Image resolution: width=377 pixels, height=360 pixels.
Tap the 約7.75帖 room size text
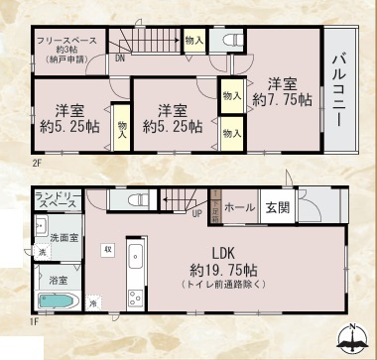pyautogui.click(x=283, y=99)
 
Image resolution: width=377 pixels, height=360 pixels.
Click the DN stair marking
pyautogui.click(x=120, y=60)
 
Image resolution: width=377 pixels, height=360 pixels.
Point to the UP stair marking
pyautogui.click(x=196, y=212)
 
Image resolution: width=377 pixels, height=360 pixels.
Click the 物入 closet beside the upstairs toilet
pyautogui.click(x=194, y=40)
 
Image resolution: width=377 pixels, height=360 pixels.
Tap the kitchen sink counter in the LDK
pyautogui.click(x=137, y=274)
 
